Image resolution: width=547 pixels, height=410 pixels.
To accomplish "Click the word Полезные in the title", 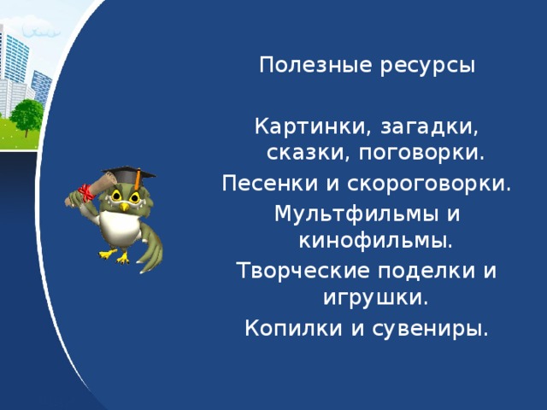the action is click(x=315, y=65).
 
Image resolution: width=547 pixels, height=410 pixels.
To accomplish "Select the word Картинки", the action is click(x=314, y=126).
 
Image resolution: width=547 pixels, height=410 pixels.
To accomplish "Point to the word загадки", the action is click(x=429, y=127).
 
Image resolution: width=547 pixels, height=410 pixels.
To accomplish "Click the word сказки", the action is click(x=309, y=153).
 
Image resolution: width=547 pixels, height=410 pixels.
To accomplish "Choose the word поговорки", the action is click(x=421, y=154).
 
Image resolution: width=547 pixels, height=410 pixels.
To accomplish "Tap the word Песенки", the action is click(x=270, y=183).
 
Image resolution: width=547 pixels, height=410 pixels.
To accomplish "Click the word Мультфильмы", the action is click(x=356, y=214).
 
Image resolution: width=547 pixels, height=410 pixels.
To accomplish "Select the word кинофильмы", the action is click(x=376, y=241).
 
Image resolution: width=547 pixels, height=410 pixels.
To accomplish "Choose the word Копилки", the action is click(x=293, y=328).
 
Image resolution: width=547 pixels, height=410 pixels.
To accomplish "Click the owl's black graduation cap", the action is click(x=129, y=173).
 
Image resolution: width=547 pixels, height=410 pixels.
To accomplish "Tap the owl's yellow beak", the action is click(x=124, y=207).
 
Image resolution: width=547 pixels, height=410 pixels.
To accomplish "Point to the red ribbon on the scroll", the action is click(x=86, y=193).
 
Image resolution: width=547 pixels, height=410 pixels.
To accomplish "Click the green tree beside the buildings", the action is click(x=26, y=116).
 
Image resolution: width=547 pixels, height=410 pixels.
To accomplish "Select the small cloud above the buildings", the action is click(x=41, y=31).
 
